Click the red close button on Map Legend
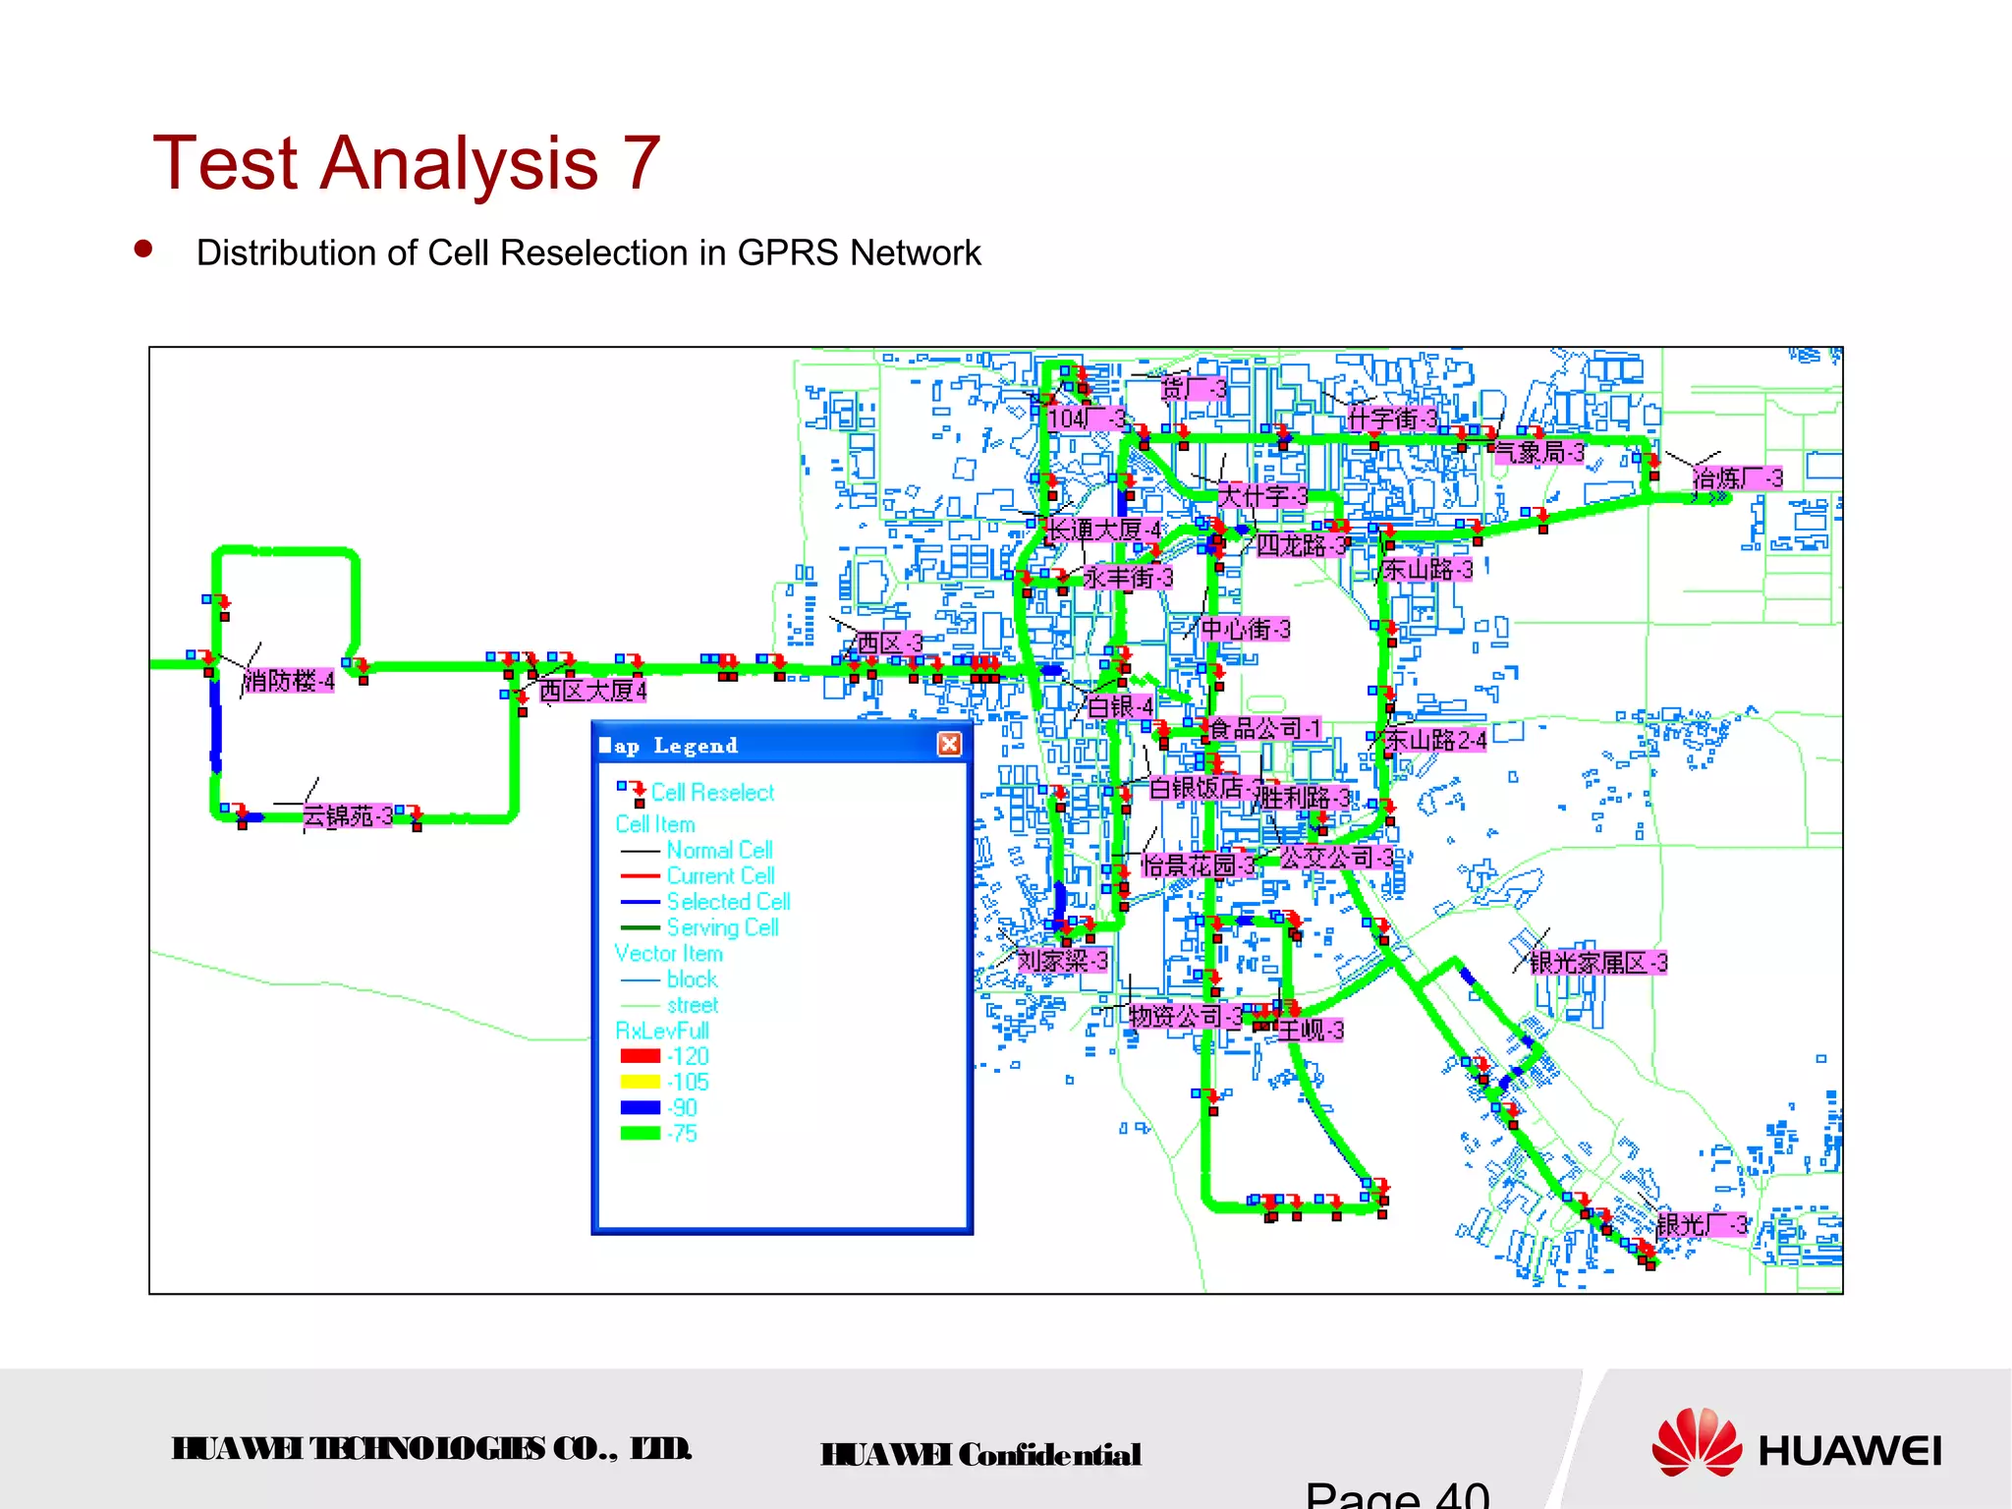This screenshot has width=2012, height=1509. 949,745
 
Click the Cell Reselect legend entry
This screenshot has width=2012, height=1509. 711,793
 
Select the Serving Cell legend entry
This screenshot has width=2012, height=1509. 722,927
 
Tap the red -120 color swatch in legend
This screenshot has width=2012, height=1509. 641,1056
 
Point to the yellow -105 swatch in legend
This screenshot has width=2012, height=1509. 641,1082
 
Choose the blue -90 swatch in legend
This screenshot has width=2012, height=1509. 641,1107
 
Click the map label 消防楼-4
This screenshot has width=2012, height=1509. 289,681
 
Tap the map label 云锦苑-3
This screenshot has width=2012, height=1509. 347,816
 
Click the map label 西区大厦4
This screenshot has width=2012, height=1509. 592,691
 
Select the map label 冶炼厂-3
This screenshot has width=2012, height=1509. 1737,478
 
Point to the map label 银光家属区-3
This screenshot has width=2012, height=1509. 1597,963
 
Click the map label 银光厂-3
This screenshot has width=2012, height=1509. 1702,1225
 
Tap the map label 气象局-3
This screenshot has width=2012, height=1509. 1538,452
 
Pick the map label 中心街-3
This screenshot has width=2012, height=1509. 1245,629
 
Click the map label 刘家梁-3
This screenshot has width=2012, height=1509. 1062,961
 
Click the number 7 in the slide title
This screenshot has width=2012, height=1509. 641,163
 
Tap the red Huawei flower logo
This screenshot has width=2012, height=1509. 1696,1442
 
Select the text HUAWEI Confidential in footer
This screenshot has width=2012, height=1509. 980,1455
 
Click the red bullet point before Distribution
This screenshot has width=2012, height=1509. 143,250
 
